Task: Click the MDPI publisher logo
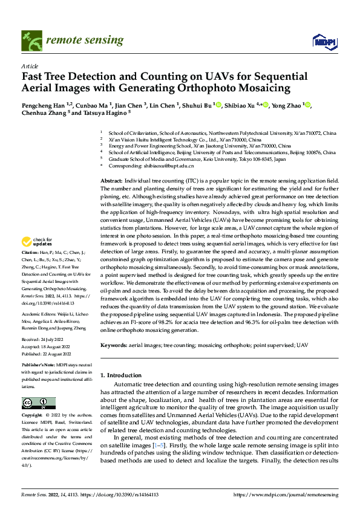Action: tap(324, 41)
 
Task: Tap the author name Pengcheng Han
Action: tap(44, 105)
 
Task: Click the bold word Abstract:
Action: tap(111, 181)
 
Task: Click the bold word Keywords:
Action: tap(114, 345)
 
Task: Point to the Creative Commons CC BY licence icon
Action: tap(38, 403)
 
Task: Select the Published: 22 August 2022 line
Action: tap(46, 355)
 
